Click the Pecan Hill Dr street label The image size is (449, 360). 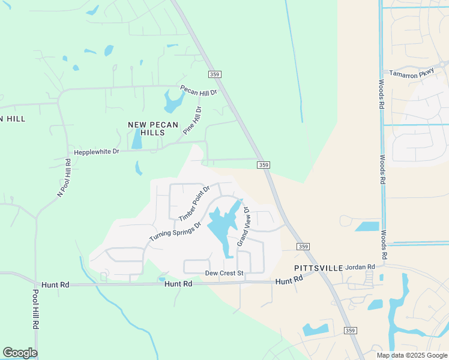[198, 91]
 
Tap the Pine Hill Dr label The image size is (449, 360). [193, 120]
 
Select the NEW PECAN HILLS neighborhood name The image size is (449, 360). [146, 128]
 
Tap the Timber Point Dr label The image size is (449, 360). [194, 203]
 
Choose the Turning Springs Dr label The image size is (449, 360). [174, 228]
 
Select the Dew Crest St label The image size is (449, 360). [223, 273]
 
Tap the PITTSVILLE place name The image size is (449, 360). [318, 268]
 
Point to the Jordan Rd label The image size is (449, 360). [360, 266]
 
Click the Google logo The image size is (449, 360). [20, 353]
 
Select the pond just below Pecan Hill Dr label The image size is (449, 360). [173, 103]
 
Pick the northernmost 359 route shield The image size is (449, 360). [215, 74]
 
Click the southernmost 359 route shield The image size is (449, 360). [351, 331]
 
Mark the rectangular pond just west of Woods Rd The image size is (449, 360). [367, 227]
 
